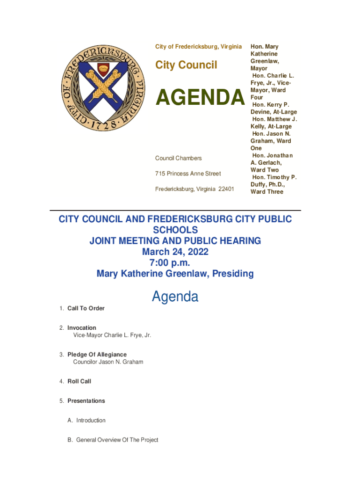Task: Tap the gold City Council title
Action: tap(186, 65)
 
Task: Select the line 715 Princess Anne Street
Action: tap(188, 174)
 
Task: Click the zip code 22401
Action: tap(224, 189)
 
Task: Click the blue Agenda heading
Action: tap(175, 297)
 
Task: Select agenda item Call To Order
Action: tap(86, 308)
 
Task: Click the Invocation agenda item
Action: tap(82, 328)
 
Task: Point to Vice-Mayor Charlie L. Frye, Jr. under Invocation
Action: tap(112, 335)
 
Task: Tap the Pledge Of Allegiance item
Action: tap(97, 355)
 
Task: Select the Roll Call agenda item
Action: tap(79, 381)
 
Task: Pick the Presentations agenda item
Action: tap(86, 401)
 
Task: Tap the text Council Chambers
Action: tap(178, 158)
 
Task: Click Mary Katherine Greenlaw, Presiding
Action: tap(175, 274)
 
